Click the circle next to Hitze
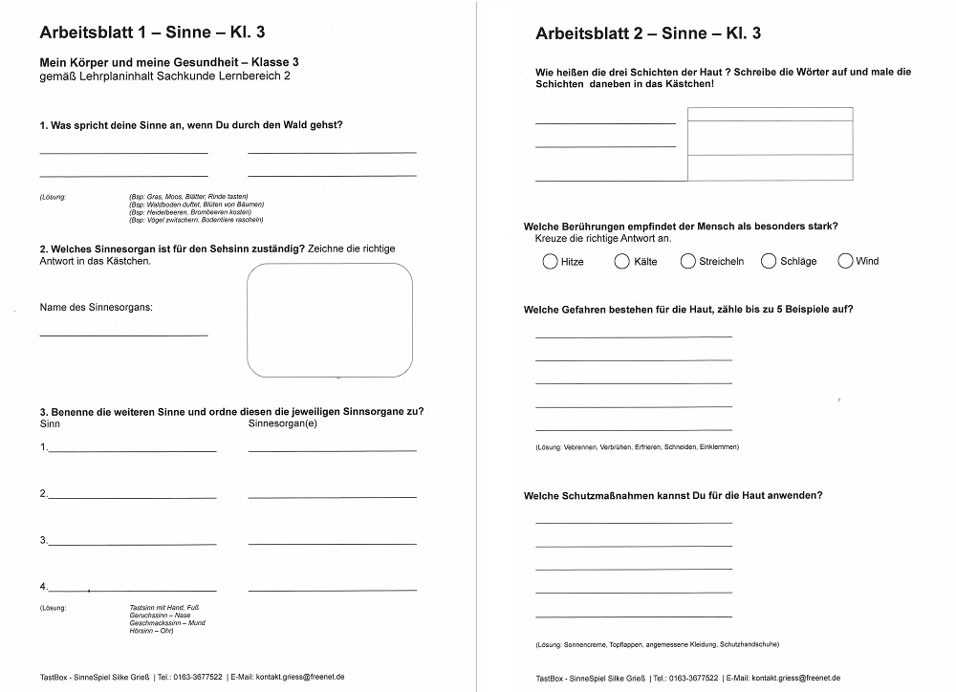click(x=550, y=261)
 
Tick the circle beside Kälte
click(x=622, y=261)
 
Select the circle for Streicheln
click(x=688, y=261)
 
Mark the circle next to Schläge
click(x=769, y=261)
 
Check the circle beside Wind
click(x=845, y=261)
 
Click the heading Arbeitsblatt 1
click(x=152, y=32)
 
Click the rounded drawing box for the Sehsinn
click(x=330, y=320)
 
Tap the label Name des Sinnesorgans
click(x=96, y=307)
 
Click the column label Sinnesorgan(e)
click(x=283, y=422)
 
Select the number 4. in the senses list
click(x=44, y=586)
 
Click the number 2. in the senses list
click(x=44, y=493)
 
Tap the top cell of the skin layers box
click(x=770, y=115)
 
